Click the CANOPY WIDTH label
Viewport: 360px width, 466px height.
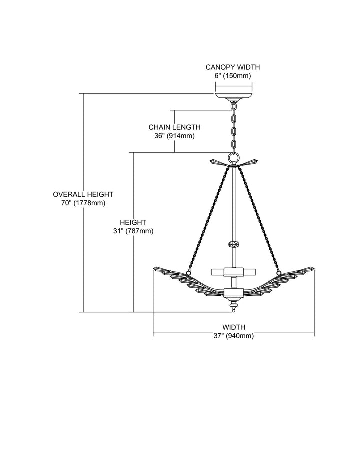tap(233, 67)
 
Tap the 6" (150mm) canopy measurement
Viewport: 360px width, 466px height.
tap(233, 76)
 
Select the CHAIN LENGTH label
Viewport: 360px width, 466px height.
tap(175, 127)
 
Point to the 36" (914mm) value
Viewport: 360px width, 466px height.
tap(175, 136)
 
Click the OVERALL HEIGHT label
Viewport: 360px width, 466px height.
tap(83, 194)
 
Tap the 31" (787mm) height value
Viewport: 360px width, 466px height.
tap(133, 231)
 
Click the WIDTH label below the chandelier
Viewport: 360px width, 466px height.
tap(234, 327)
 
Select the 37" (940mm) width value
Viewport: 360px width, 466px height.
tap(234, 336)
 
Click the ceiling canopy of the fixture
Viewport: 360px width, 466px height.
tap(234, 97)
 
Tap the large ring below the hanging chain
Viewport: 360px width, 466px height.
tap(234, 157)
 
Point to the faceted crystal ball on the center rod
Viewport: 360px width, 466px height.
tap(234, 245)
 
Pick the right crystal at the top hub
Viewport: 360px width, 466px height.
tap(249, 162)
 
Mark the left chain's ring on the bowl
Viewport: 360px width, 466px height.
tap(188, 272)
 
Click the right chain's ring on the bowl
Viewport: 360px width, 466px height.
tap(279, 272)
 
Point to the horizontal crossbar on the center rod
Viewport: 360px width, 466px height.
tap(234, 272)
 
